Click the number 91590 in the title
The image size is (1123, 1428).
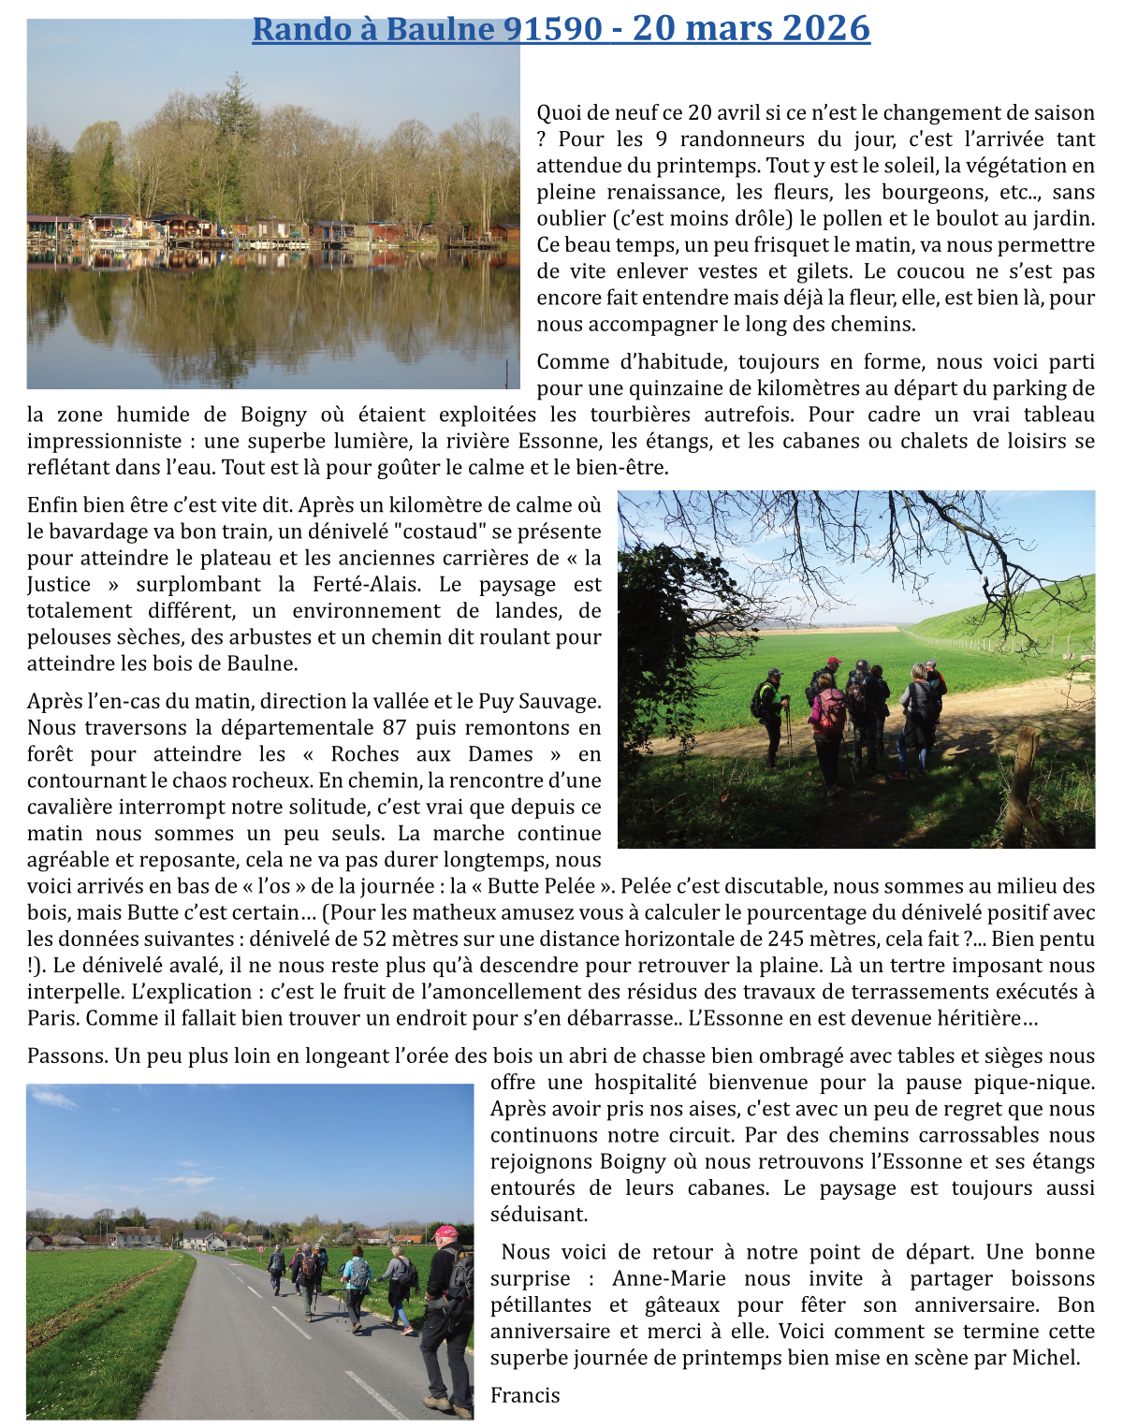[553, 29]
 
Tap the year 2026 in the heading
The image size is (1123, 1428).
[826, 29]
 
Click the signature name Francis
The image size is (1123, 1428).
[525, 1395]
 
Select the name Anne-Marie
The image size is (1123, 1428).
[669, 1278]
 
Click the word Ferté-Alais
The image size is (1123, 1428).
[366, 585]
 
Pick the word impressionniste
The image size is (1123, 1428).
[104, 441]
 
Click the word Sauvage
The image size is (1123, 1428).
[556, 701]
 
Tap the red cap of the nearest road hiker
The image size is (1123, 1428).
[445, 1232]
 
